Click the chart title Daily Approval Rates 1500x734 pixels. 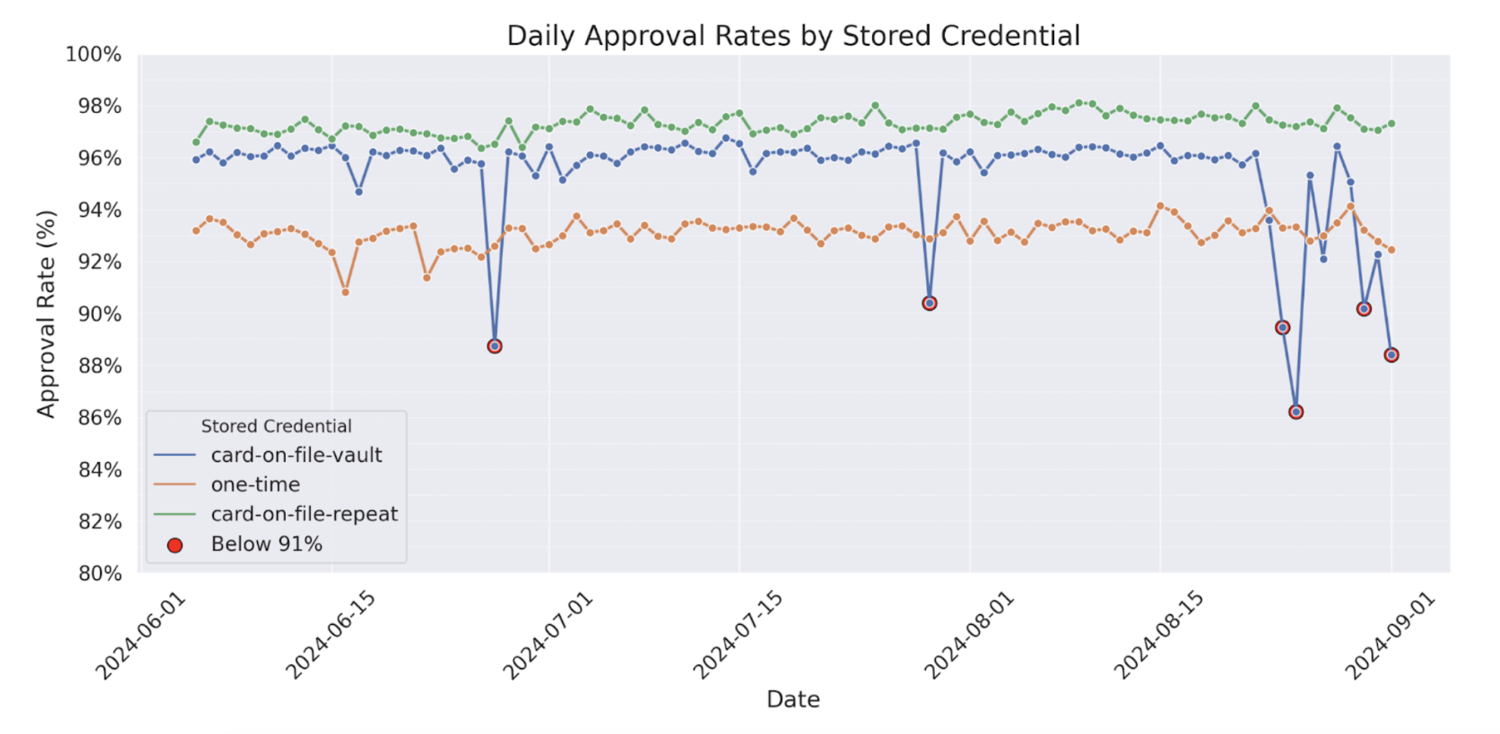click(x=793, y=36)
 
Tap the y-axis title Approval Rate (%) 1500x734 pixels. click(x=46, y=314)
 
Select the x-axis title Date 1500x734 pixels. click(x=793, y=699)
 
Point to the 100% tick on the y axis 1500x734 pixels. click(x=93, y=55)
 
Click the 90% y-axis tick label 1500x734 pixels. click(x=99, y=314)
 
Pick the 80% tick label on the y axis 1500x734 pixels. click(x=99, y=573)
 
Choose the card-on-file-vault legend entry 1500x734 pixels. click(x=296, y=455)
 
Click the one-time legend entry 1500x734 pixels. click(x=255, y=485)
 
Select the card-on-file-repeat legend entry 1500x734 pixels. click(x=303, y=514)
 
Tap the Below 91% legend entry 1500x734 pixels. click(x=266, y=544)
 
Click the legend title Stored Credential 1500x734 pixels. click(x=276, y=426)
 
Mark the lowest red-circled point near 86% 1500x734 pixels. click(x=1296, y=412)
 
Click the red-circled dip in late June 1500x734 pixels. click(x=494, y=347)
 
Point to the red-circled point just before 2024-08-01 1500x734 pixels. click(x=930, y=303)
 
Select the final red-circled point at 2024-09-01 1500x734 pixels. click(x=1392, y=355)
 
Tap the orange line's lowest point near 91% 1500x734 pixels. click(x=346, y=292)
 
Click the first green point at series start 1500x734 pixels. click(x=196, y=143)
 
